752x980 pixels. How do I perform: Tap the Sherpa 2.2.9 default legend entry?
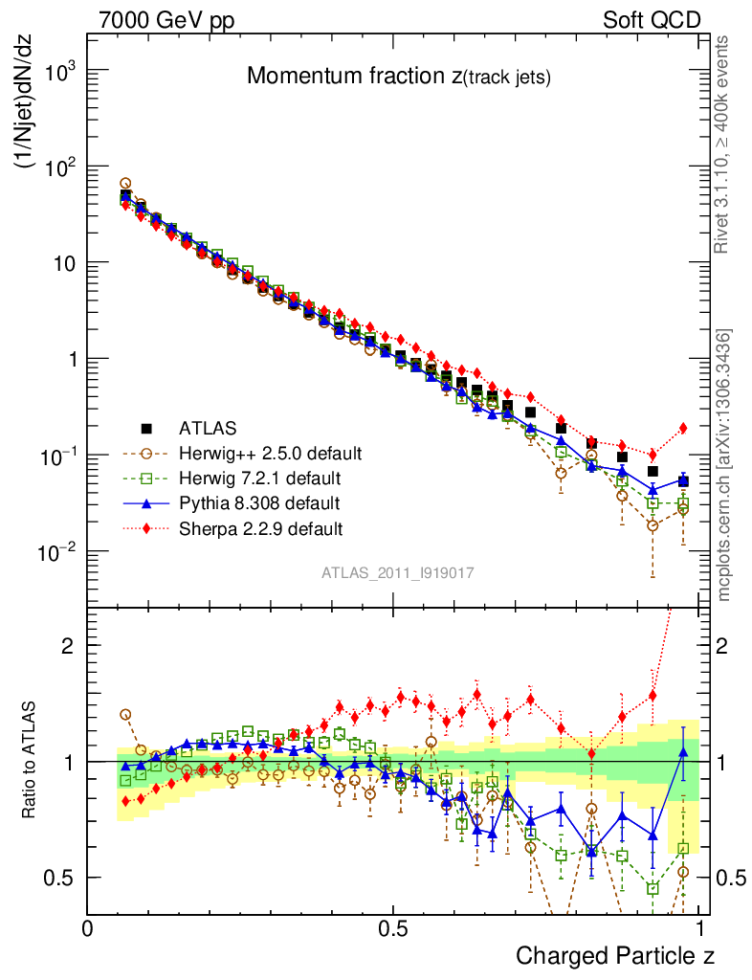pos(261,527)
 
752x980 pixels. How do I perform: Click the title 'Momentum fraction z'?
pos(399,78)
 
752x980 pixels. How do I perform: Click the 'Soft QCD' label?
pos(652,19)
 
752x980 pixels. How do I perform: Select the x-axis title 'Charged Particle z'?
pos(615,954)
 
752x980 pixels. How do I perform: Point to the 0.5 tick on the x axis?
pos(393,928)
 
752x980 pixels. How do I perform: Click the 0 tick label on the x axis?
pos(87,928)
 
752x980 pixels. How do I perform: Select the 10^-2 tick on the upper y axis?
pos(57,552)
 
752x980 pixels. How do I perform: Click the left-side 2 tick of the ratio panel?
pos(68,645)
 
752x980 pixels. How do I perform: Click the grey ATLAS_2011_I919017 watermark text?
pos(398,573)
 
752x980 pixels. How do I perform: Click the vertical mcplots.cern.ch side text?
pos(724,464)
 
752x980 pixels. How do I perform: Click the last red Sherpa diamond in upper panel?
pos(683,428)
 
